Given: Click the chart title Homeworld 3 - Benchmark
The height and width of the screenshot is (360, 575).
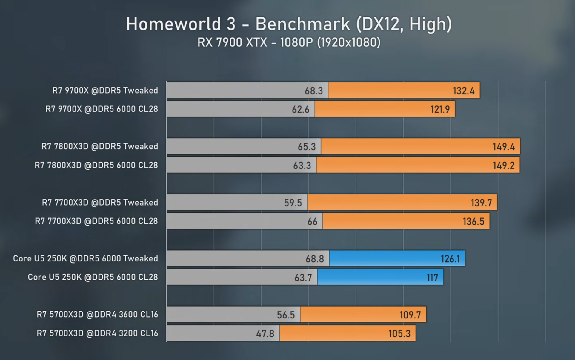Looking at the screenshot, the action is point(238,24).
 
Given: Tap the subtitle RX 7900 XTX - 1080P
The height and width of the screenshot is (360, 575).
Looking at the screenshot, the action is point(255,42).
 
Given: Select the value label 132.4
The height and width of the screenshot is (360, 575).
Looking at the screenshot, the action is point(464,91).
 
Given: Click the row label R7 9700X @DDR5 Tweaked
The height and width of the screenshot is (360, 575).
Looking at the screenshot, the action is point(105,90).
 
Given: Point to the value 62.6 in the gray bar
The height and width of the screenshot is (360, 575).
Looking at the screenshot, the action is point(301,109).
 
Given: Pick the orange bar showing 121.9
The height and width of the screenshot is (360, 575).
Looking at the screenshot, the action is point(385,109).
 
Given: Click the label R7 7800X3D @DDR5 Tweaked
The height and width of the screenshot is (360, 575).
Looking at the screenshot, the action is point(100,146).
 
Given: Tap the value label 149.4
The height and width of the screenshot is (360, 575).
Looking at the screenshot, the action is point(504,147).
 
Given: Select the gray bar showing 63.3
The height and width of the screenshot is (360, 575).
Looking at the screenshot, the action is point(242,165).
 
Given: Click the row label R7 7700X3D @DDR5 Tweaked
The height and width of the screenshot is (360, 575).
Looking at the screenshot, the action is point(100,203).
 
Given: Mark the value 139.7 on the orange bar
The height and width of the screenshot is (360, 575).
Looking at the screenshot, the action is point(481,203).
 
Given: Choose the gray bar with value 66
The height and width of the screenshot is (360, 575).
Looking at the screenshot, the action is point(245,221).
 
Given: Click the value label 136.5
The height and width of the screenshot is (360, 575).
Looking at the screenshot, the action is point(473,221).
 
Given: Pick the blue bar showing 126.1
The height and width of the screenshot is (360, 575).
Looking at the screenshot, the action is point(397,258).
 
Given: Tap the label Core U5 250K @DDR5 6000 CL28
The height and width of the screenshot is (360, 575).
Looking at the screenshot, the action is point(93,277).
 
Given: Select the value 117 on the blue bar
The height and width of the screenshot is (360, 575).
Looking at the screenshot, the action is point(432,278).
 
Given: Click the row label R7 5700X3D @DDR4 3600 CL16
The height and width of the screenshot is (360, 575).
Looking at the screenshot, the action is point(97,314).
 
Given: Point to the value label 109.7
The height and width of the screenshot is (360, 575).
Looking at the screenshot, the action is point(410,315).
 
